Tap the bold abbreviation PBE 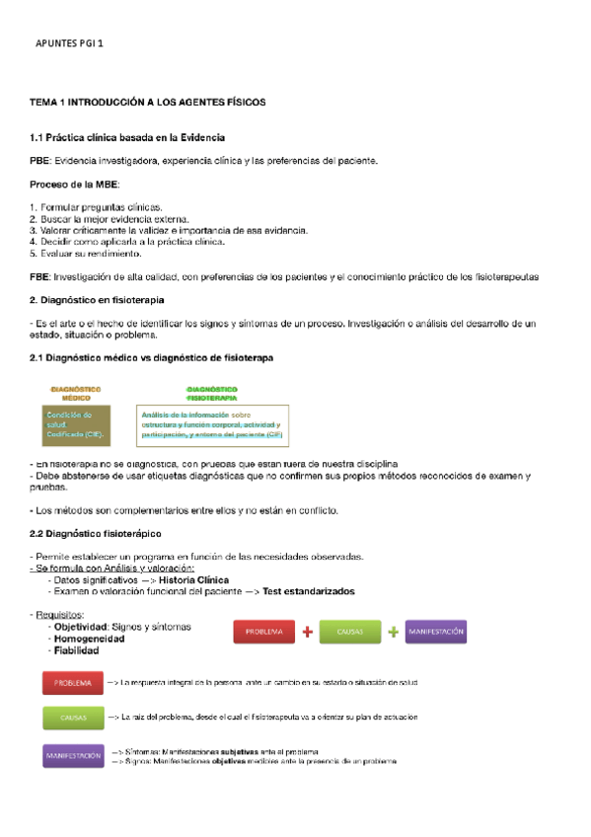pyautogui.click(x=40, y=160)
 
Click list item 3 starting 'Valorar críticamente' pyautogui.click(x=168, y=230)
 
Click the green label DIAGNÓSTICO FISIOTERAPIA pyautogui.click(x=211, y=393)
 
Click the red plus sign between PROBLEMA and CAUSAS pyautogui.click(x=308, y=632)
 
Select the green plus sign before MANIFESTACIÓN pyautogui.click(x=393, y=632)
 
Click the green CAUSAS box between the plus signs pyautogui.click(x=350, y=632)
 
